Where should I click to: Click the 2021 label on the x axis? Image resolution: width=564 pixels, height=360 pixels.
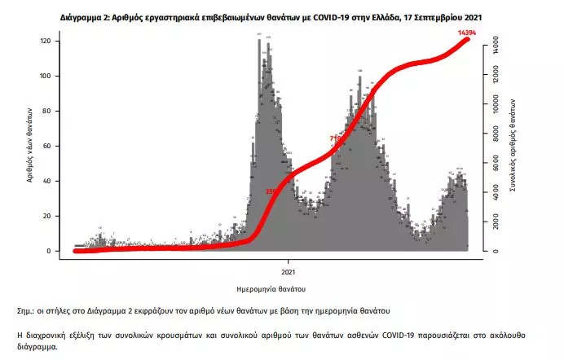tap(288, 271)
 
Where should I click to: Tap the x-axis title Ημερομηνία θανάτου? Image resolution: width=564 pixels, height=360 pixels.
tap(284, 288)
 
